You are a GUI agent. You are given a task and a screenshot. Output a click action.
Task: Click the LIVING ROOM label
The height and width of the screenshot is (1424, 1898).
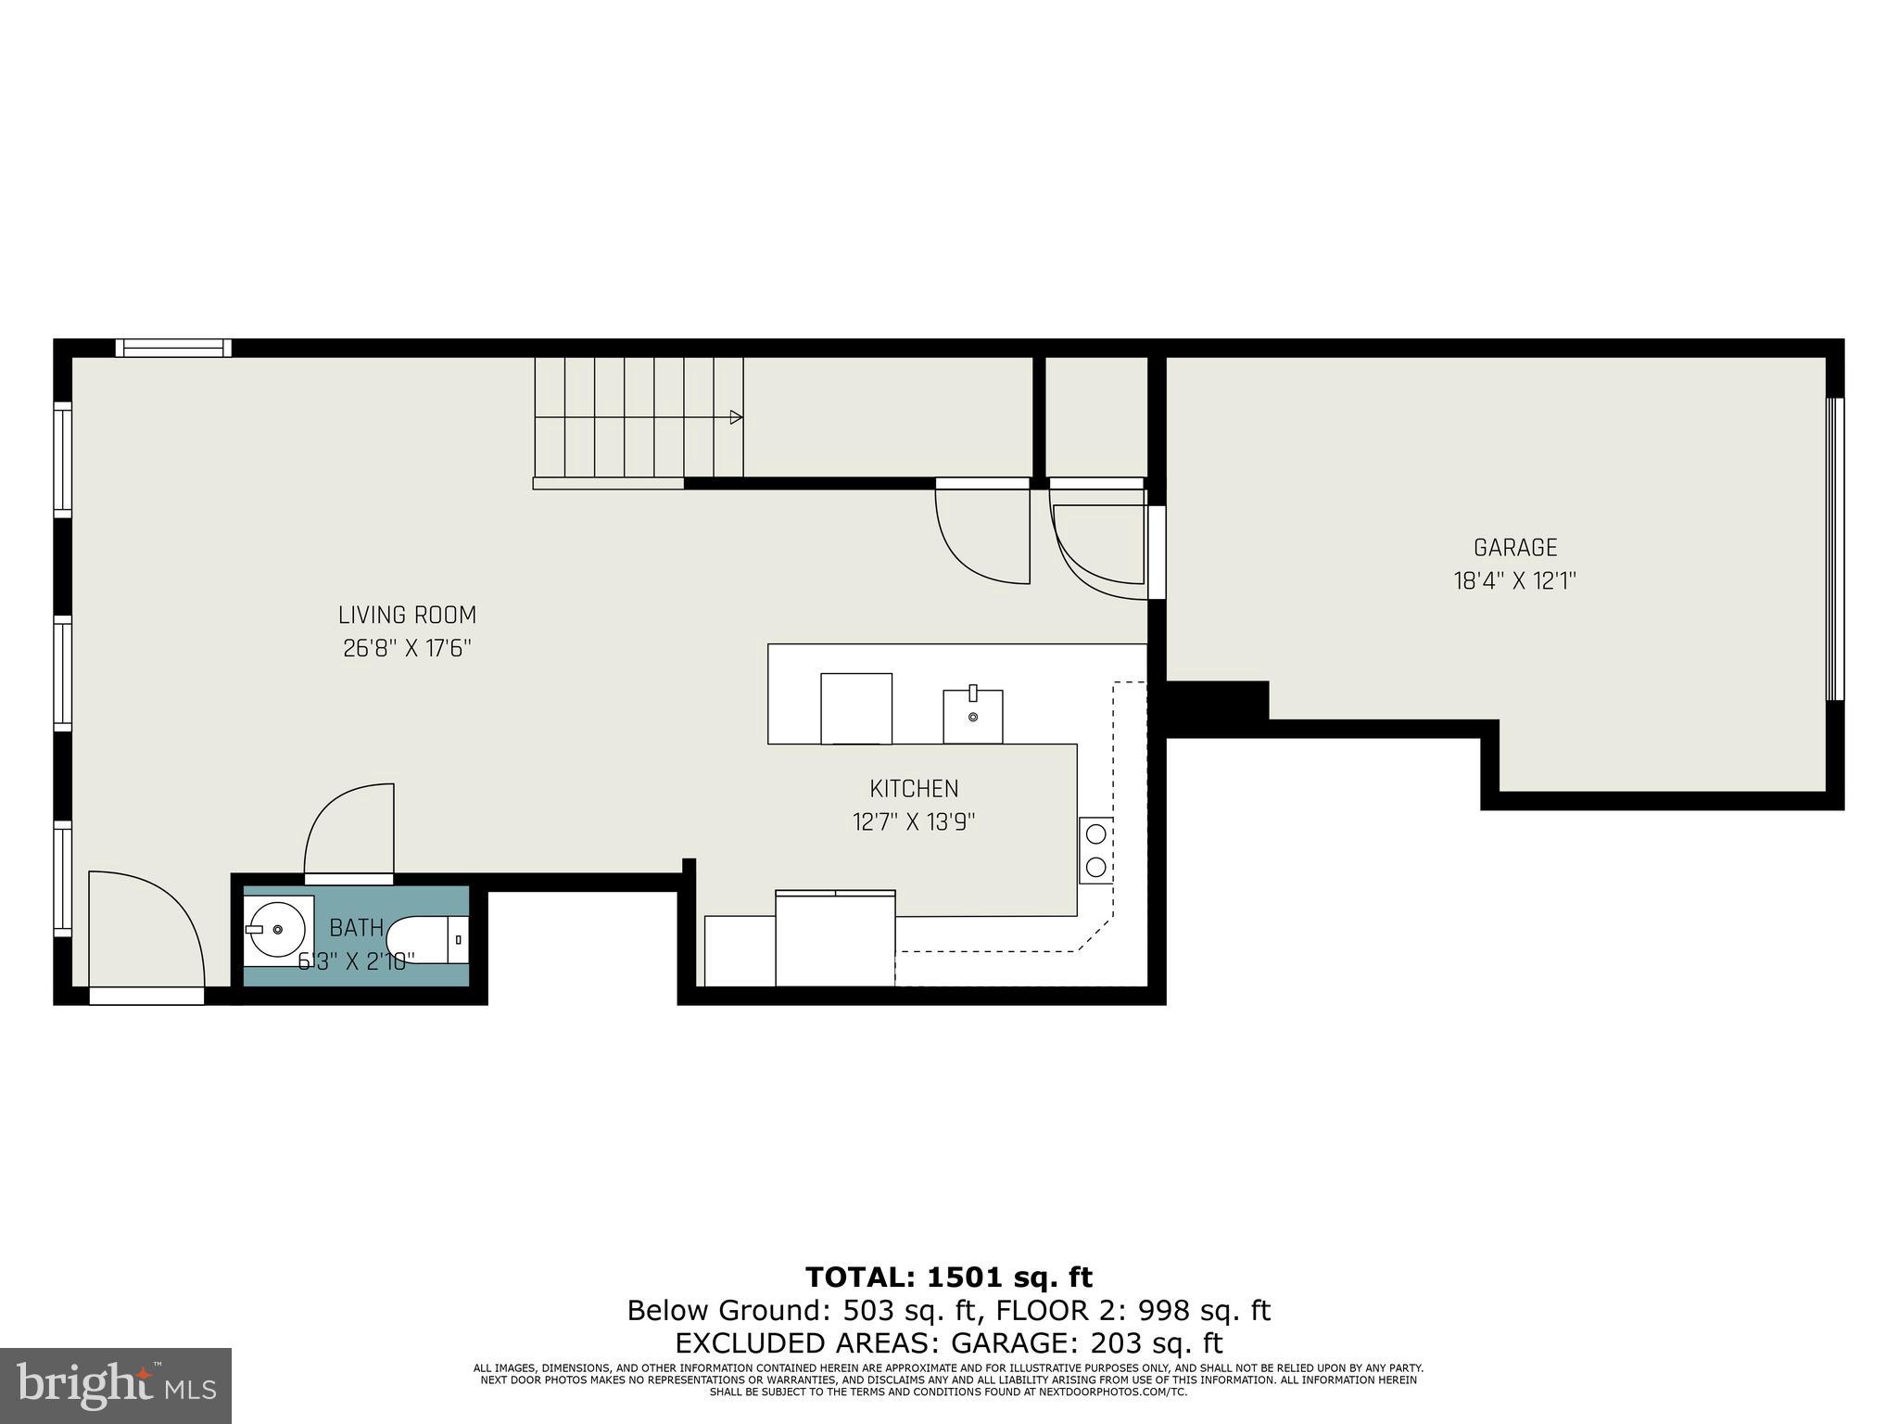[407, 616]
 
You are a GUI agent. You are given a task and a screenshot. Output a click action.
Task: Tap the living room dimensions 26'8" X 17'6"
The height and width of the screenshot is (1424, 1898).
[407, 648]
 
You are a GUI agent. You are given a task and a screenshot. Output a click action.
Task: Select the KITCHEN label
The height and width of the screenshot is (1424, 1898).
[914, 789]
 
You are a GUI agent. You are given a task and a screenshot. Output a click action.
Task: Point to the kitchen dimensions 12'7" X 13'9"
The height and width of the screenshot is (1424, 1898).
[914, 822]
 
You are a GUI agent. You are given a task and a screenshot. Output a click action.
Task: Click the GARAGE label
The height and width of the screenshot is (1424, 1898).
[1515, 548]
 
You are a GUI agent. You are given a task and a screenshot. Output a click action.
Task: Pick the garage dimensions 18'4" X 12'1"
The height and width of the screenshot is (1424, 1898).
[1515, 581]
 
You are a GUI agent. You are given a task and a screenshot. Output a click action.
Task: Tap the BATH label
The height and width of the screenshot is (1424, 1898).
[356, 928]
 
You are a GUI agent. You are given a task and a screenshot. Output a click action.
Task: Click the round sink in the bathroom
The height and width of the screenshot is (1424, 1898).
[277, 929]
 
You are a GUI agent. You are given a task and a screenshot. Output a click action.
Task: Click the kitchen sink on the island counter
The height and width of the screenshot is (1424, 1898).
[972, 716]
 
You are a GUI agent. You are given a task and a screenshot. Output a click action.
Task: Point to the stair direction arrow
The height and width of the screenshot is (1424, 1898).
[736, 417]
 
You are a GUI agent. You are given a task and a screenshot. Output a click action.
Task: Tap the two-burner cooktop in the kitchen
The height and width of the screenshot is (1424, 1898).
[1095, 850]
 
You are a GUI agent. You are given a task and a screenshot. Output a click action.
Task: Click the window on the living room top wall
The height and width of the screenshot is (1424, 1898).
[173, 349]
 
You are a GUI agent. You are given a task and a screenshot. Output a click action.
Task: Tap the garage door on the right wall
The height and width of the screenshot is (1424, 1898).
[1834, 549]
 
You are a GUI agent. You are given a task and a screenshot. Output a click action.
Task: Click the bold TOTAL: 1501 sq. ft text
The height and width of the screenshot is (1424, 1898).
[949, 1278]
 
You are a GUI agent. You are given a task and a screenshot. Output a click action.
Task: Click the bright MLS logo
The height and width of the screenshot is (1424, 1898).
[115, 1385]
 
